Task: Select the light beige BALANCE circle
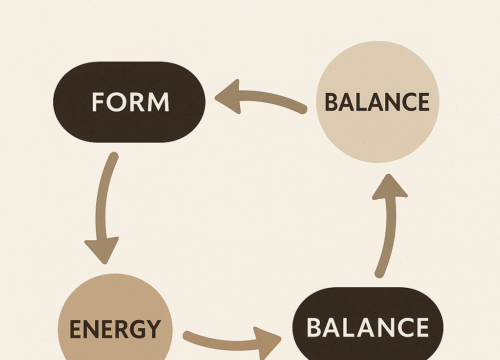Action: point(377,102)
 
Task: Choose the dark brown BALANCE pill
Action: point(367,327)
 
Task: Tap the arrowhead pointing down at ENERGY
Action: point(101,249)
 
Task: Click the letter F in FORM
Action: point(96,102)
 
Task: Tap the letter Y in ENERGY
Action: point(154,328)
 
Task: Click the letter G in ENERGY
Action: point(138,328)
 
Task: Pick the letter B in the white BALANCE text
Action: point(311,328)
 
